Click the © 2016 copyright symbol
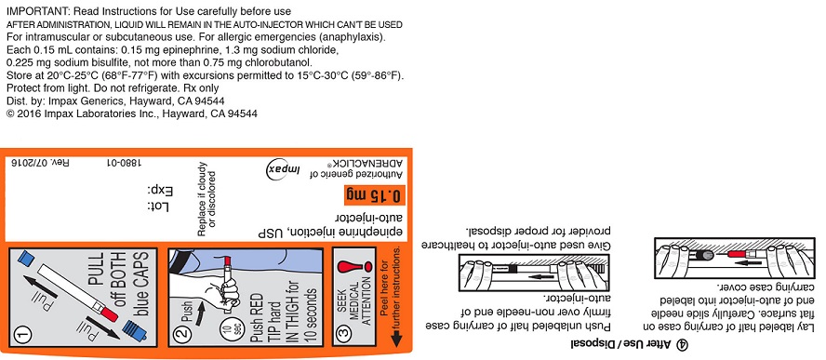[10, 113]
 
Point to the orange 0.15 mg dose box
[373, 196]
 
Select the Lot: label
[158, 207]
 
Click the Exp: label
[160, 191]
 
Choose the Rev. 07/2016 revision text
[40, 164]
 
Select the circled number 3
[344, 334]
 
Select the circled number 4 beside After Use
[683, 345]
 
